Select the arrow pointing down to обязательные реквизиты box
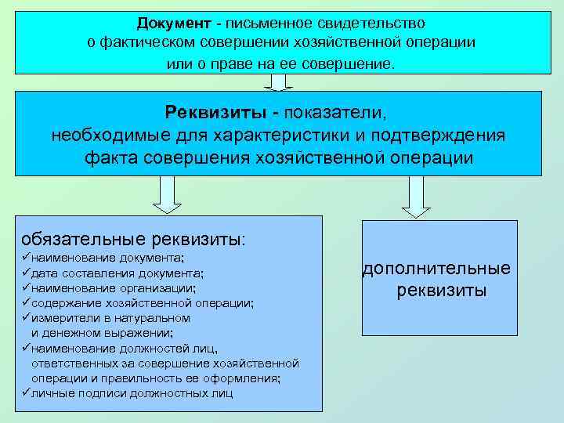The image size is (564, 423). (167, 193)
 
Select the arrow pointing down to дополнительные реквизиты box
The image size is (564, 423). (416, 196)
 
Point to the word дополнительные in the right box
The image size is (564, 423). (436, 269)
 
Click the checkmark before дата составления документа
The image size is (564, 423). (26, 273)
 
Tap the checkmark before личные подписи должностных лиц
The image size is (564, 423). (26, 392)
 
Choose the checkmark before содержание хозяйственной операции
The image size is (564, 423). (26, 302)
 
